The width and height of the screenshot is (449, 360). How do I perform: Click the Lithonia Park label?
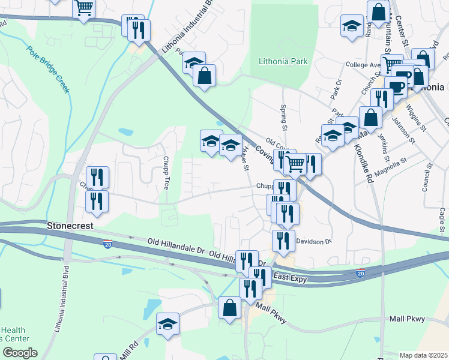pyautogui.click(x=283, y=61)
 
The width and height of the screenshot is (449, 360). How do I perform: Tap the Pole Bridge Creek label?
pyautogui.click(x=48, y=70)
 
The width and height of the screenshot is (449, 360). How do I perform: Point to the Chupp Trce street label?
pyautogui.click(x=166, y=172)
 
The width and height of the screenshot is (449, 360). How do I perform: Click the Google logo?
pyautogui.click(x=20, y=353)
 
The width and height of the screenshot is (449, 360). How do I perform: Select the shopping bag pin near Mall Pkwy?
pyautogui.click(x=229, y=308)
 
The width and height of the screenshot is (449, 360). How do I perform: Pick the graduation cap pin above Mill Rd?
pyautogui.click(x=167, y=324)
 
